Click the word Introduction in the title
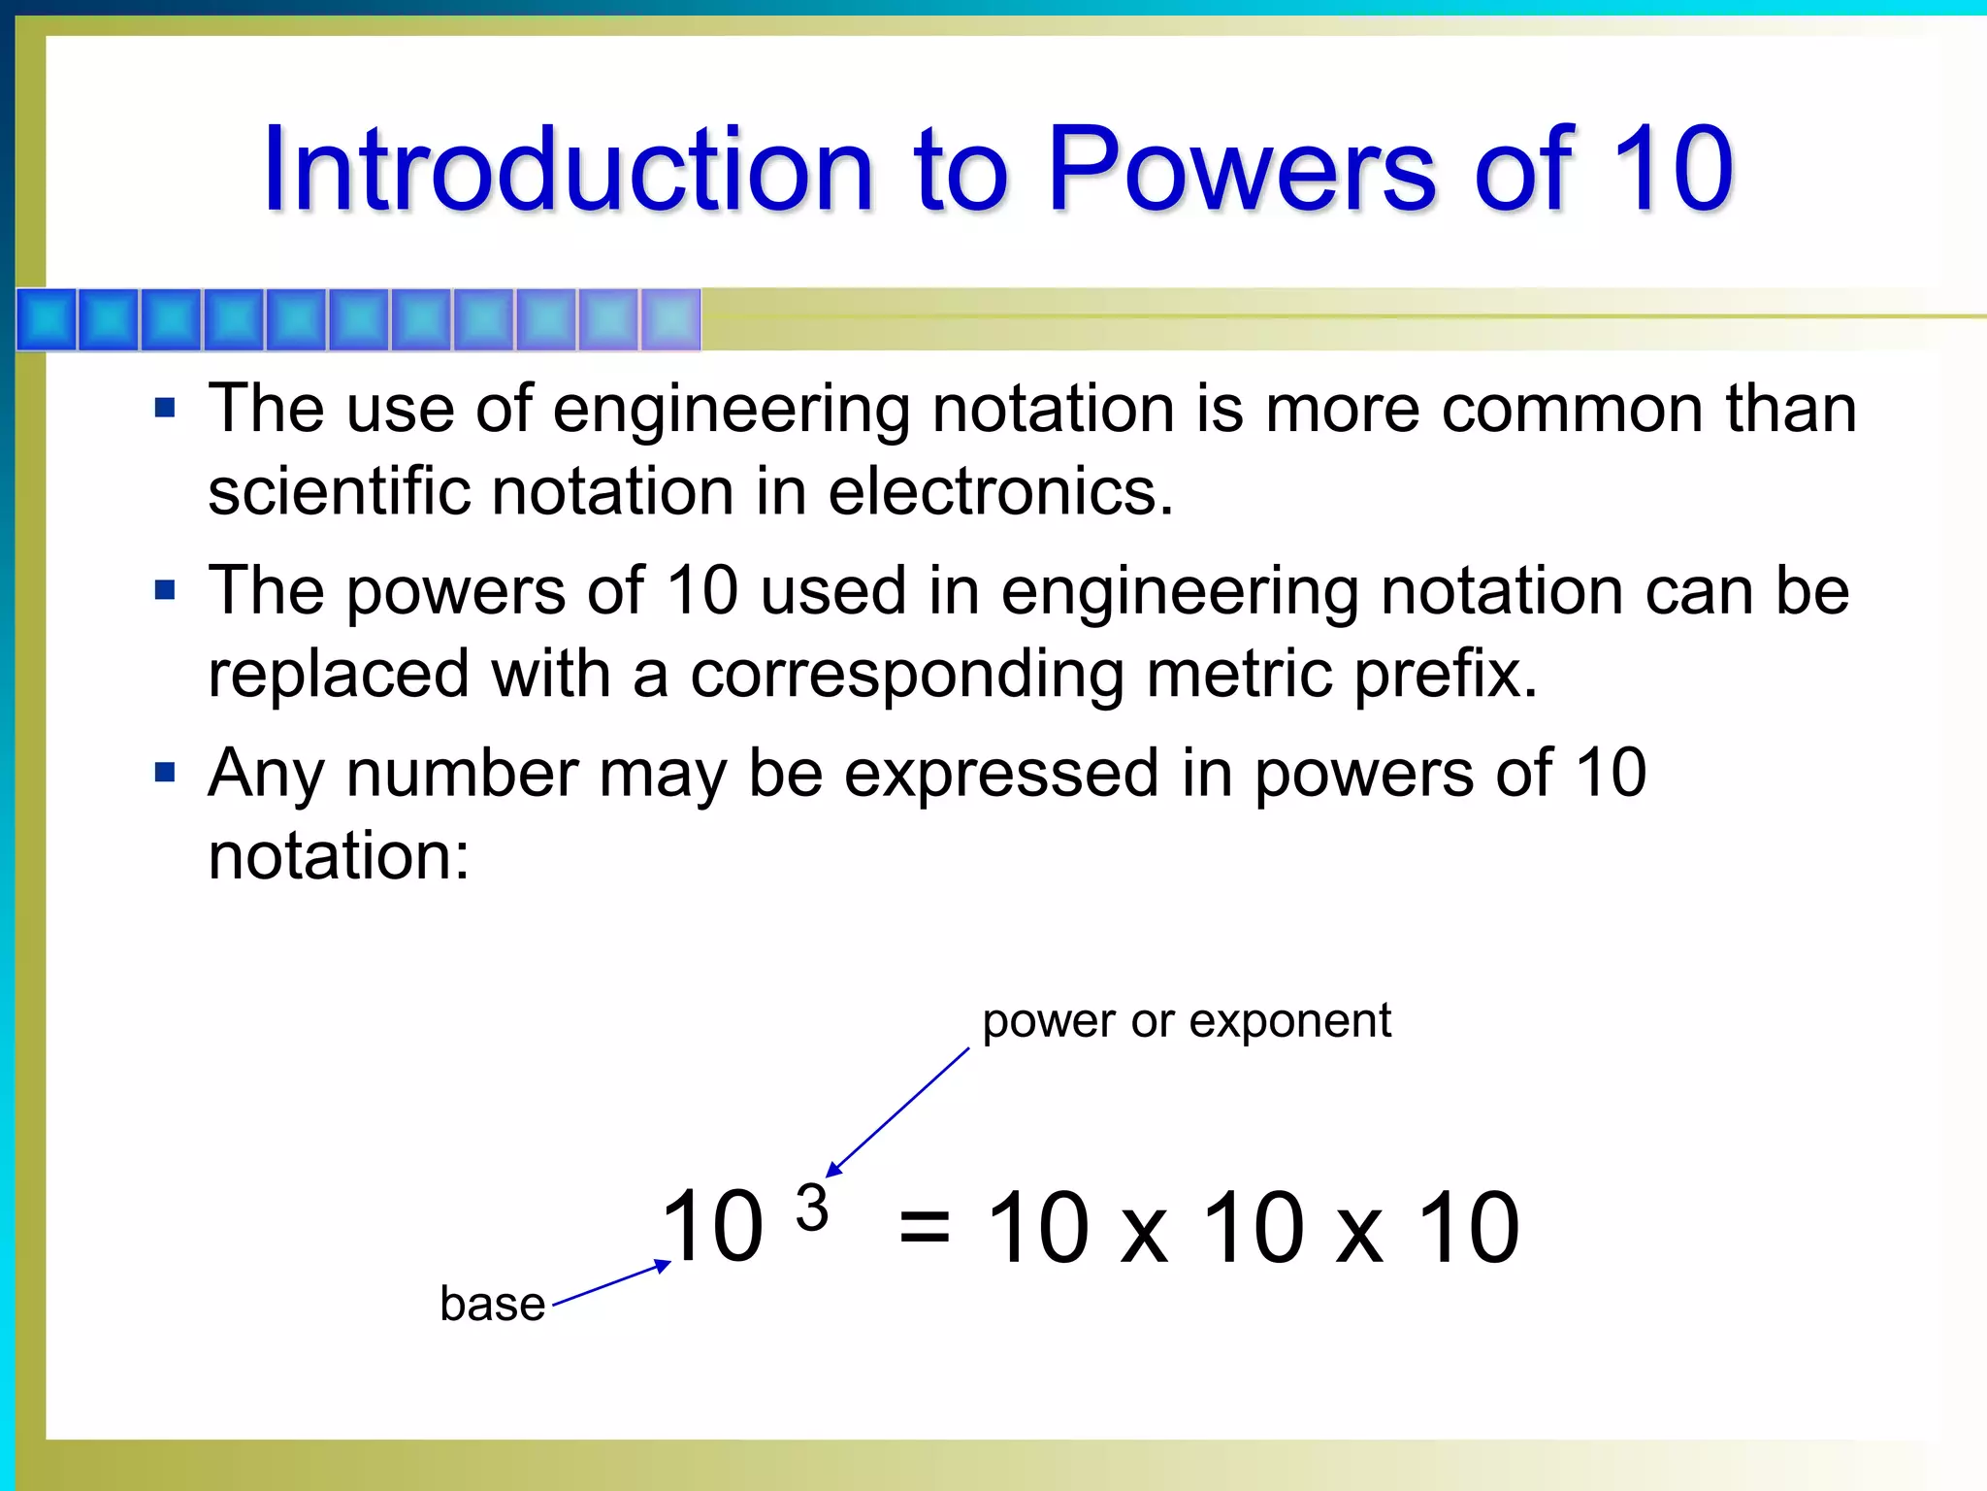coord(569,170)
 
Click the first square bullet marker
coord(165,408)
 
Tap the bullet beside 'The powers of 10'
coord(165,590)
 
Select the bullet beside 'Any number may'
coord(165,773)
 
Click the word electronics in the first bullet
coord(999,491)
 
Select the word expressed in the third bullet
coord(1000,775)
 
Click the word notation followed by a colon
coord(338,856)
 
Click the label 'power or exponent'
coord(1186,1021)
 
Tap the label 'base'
coord(492,1304)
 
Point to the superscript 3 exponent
coord(811,1209)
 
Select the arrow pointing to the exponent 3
coord(897,1112)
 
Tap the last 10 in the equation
coord(1468,1229)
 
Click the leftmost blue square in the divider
coord(47,319)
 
